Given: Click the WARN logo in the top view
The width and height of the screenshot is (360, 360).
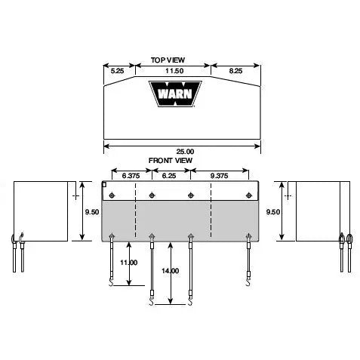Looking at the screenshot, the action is [175, 94].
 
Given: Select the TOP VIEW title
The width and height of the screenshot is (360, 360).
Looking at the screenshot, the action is [168, 60].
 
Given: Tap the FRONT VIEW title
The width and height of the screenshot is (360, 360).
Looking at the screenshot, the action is [171, 160].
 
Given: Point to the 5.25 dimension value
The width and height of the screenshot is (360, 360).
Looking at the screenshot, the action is [117, 71].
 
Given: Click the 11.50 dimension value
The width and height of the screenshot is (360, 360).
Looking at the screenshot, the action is [174, 71].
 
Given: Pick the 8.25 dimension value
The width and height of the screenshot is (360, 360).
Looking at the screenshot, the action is [235, 71].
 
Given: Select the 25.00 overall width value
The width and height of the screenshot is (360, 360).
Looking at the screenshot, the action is [185, 152].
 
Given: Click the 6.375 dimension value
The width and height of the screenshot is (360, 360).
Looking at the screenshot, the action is [131, 176].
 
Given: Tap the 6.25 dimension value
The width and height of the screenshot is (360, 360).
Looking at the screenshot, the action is [169, 176].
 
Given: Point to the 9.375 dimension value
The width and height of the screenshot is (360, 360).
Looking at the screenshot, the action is [219, 176].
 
